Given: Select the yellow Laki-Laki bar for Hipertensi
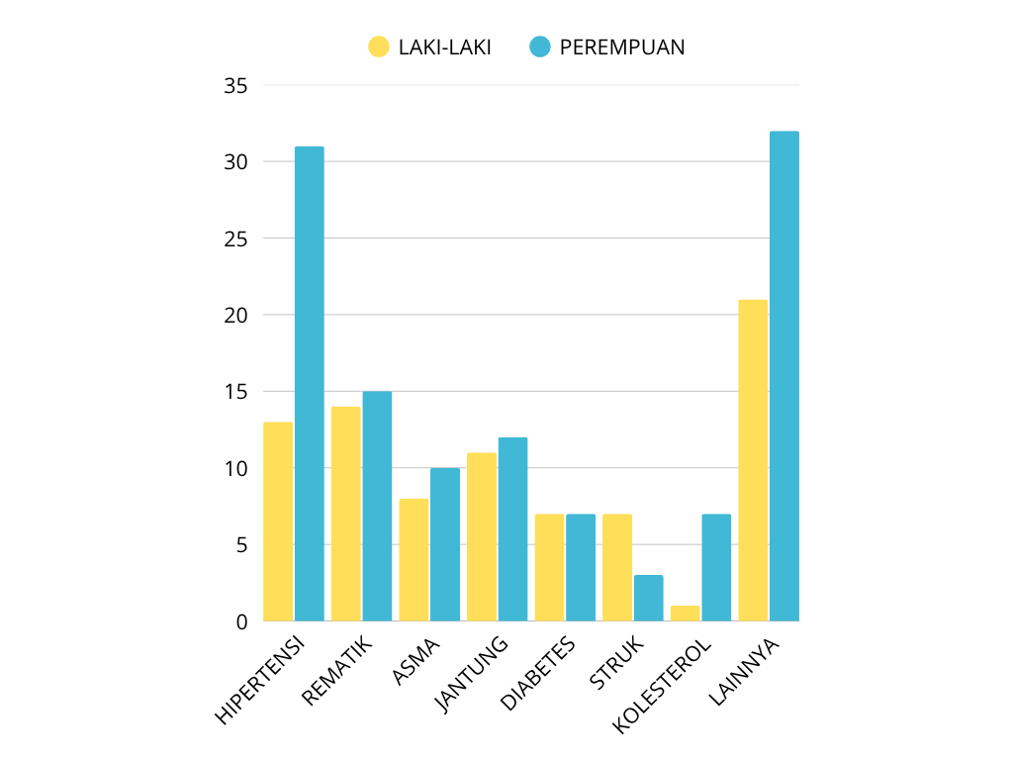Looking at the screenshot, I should pyautogui.click(x=278, y=522).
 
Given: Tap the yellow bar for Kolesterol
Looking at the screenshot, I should pyautogui.click(x=685, y=614).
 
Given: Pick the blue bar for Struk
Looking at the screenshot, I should pyautogui.click(x=649, y=598).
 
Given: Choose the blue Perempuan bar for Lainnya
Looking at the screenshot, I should pyautogui.click(x=783, y=376).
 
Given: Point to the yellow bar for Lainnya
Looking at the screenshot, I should pyautogui.click(x=753, y=460).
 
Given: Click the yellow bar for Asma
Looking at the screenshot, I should pyautogui.click(x=414, y=559).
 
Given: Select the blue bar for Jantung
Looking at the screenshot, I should pyautogui.click(x=512, y=529).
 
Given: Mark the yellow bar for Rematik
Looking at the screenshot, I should pyautogui.click(x=346, y=514).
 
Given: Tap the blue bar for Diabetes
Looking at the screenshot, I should pyautogui.click(x=581, y=567).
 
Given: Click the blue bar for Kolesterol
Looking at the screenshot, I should pyautogui.click(x=716, y=567).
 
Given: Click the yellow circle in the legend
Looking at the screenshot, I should pyautogui.click(x=379, y=47).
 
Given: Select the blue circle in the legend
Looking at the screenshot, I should pyautogui.click(x=539, y=47).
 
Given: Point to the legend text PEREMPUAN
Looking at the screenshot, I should pyautogui.click(x=622, y=47).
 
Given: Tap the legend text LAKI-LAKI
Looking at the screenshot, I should pyautogui.click(x=445, y=47).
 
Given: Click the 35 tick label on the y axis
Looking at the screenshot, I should pyautogui.click(x=235, y=86).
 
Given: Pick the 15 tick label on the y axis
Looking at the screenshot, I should pyautogui.click(x=235, y=392).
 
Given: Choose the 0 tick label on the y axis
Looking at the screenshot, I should pyautogui.click(x=240, y=621).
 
